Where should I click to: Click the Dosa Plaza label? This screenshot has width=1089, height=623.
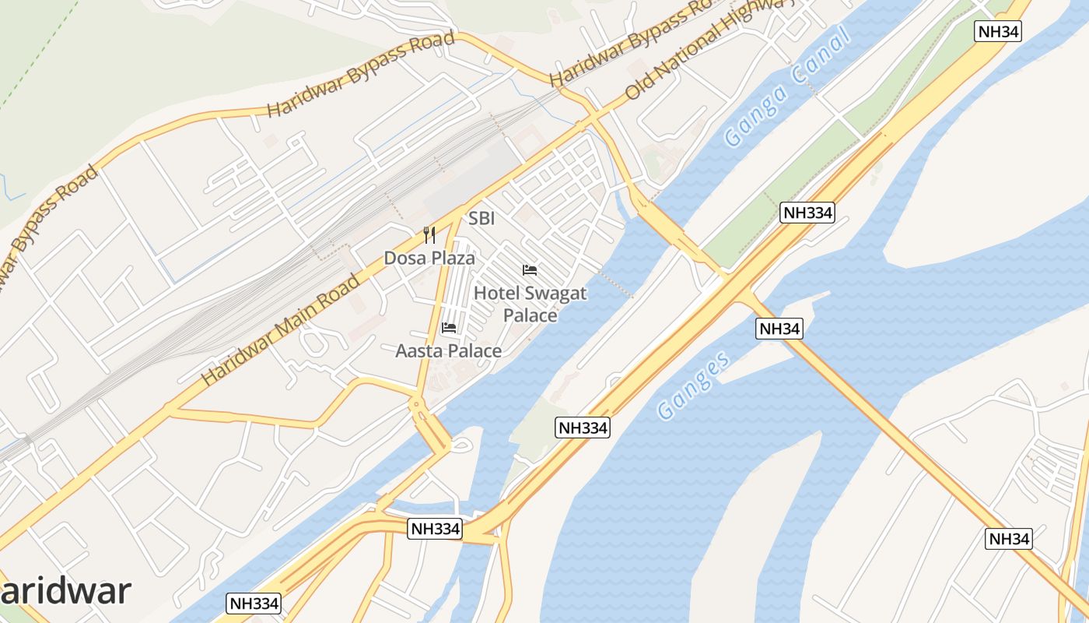[x=429, y=258]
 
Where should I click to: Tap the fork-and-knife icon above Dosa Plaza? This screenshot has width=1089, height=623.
[x=429, y=234]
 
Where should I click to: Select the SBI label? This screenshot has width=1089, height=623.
[x=481, y=219]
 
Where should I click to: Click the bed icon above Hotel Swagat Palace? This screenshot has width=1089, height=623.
[x=530, y=270]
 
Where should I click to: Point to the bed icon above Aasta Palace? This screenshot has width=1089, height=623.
[x=449, y=328]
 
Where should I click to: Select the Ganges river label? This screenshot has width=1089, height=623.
[x=693, y=385]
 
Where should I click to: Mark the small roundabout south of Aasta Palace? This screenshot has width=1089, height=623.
[x=417, y=403]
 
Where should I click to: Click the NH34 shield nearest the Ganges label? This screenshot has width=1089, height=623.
[x=779, y=329]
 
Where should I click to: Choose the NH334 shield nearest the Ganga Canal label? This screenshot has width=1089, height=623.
[x=807, y=213]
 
